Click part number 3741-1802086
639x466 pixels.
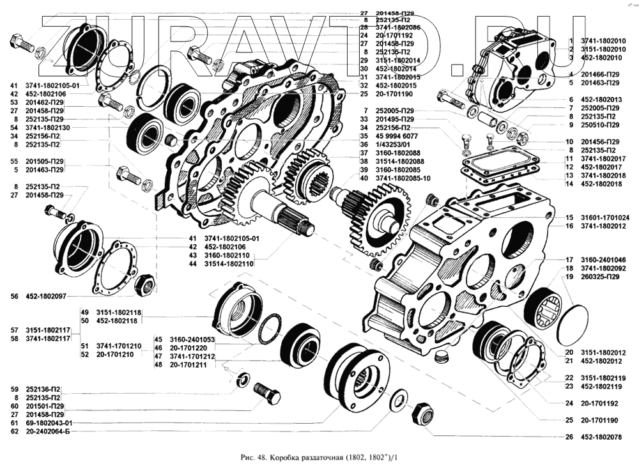[x=399, y=28]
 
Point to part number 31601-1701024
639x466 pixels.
[x=604, y=217]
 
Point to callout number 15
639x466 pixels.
[x=567, y=217]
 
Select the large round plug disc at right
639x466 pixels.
[x=574, y=327]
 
